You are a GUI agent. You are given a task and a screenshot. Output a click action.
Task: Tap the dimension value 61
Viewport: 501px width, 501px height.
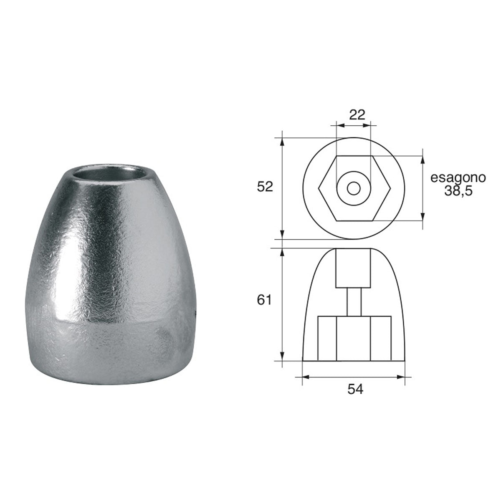265,300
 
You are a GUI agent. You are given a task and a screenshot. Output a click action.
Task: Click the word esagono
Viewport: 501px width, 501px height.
458,178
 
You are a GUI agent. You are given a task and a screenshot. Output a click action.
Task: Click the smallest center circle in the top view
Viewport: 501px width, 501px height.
354,188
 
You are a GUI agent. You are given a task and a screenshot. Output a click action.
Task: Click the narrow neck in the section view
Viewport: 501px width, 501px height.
354,302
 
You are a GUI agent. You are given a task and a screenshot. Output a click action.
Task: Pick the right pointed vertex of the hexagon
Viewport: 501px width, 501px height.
390,188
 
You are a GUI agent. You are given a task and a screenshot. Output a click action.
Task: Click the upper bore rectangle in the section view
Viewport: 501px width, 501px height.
353,268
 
